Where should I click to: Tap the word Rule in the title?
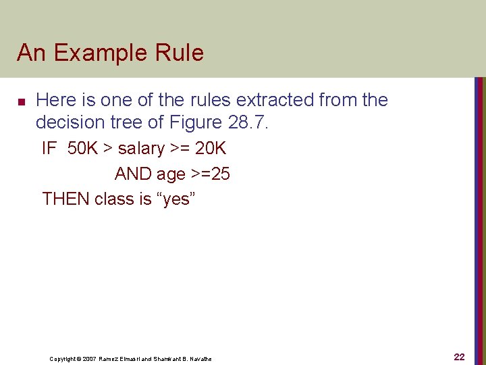(179, 53)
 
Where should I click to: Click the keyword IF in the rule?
(49, 149)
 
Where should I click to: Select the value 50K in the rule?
(82, 149)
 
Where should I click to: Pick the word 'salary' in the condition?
(141, 149)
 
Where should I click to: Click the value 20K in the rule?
(210, 149)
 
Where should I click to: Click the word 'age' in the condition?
(171, 174)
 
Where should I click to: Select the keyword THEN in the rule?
(65, 199)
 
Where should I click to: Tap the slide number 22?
(459, 357)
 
